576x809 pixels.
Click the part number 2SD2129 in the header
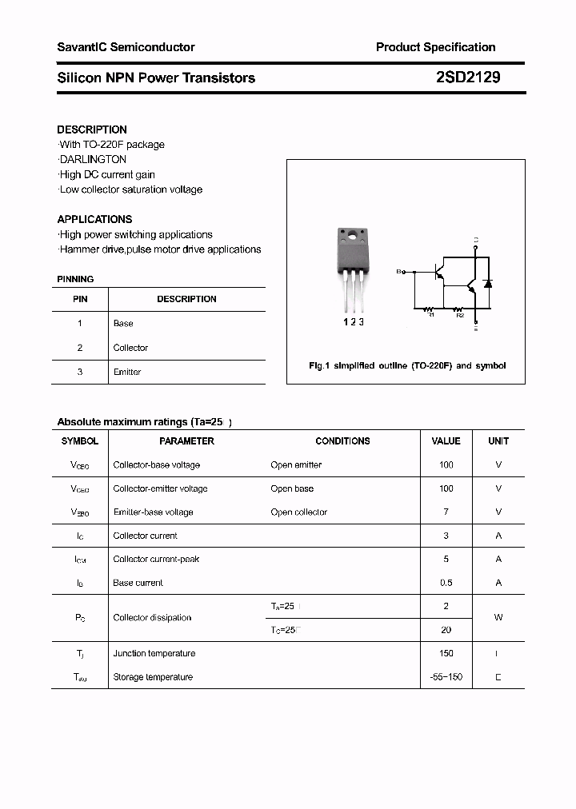click(469, 78)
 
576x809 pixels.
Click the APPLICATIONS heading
click(94, 219)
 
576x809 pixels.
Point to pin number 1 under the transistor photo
click(346, 321)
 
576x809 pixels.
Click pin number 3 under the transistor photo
click(362, 321)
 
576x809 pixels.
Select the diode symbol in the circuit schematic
click(488, 284)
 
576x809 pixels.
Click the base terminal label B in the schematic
click(398, 272)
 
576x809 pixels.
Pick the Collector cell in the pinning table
click(130, 348)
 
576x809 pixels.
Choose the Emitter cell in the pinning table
click(127, 372)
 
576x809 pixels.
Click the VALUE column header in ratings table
click(446, 440)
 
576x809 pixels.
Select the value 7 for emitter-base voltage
click(446, 512)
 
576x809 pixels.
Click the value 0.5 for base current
click(446, 583)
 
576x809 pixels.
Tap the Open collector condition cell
click(298, 512)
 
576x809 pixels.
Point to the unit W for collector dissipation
click(498, 617)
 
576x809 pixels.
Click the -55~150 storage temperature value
click(446, 677)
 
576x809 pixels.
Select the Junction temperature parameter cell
click(154, 653)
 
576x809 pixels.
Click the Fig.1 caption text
click(407, 365)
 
